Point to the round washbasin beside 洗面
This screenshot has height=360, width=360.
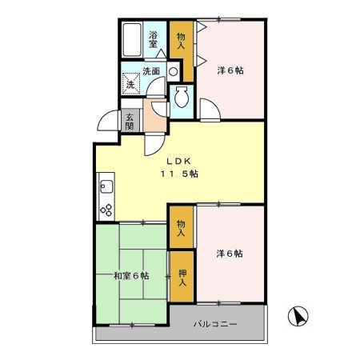coord(173,70)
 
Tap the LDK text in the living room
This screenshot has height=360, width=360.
coord(178,158)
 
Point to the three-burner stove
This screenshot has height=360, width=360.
coord(106,210)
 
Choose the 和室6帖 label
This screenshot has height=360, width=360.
coord(130,276)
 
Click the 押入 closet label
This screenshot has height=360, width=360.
coord(182,277)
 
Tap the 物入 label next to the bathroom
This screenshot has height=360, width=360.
coord(182,41)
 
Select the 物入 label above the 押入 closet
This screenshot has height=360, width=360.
coord(182,228)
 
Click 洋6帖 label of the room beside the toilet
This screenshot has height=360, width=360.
coord(230,70)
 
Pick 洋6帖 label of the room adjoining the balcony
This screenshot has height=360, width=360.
coord(230,254)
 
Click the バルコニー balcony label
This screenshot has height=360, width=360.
coord(215,324)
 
